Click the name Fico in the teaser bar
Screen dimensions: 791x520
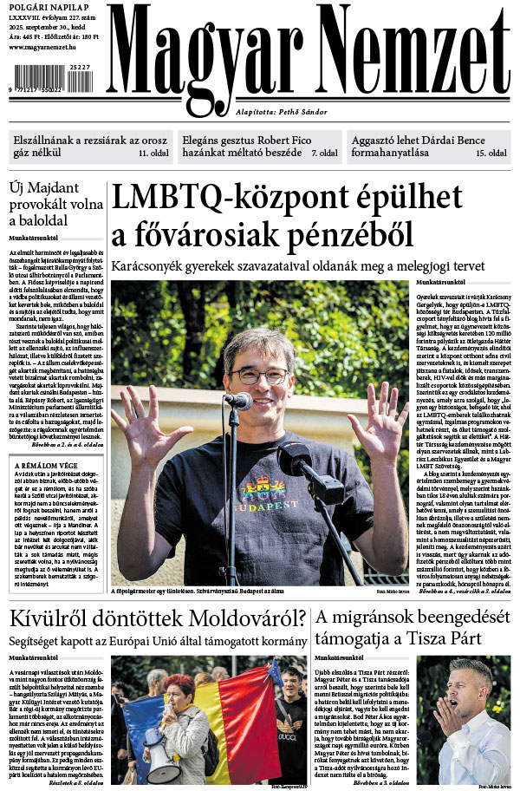click(321, 139)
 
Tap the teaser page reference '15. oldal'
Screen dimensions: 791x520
click(491, 154)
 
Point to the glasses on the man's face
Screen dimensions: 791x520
click(258, 376)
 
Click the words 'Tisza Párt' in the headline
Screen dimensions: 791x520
click(442, 642)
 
